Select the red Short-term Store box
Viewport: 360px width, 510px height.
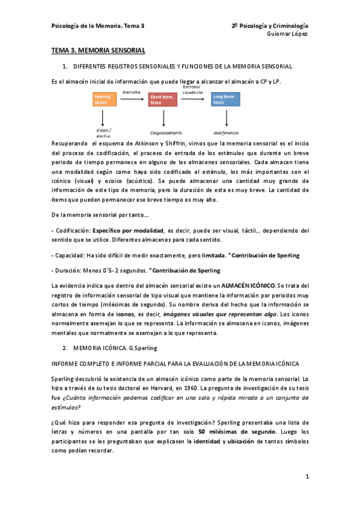click(162, 99)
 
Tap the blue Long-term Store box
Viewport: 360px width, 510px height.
click(225, 99)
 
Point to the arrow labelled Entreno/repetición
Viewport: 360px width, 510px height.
click(194, 99)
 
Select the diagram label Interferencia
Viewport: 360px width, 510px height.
click(225, 132)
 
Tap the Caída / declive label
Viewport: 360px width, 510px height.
click(104, 133)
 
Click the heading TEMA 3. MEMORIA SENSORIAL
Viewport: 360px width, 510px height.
click(99, 51)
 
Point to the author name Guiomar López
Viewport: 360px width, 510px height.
click(287, 34)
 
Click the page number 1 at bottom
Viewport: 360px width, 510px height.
click(307, 477)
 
